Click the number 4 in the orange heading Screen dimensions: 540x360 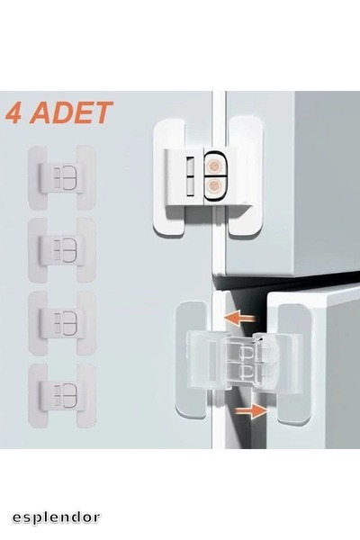coord(15,114)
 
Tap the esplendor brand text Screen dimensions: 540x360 coord(56,517)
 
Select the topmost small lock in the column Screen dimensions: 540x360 coord(61,175)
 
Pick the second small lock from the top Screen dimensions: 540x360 coord(61,247)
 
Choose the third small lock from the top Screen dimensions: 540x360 coord(61,319)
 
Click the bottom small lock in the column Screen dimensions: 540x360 coord(61,393)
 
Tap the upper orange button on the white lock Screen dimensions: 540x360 coord(216,166)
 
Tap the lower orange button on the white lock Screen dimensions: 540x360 coord(216,188)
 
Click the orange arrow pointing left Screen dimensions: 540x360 coord(240,318)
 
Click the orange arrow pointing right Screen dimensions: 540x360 coord(256,410)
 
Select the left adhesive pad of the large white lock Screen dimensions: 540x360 coord(172,175)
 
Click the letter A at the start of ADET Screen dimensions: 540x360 coord(40,114)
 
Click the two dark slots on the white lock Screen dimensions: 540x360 coord(190,177)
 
